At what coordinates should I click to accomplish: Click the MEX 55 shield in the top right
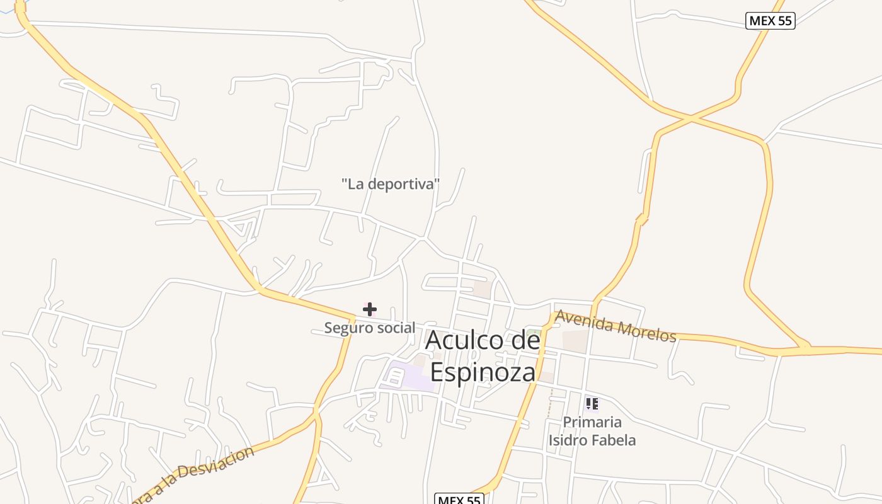pos(770,21)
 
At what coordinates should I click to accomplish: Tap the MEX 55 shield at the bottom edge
pos(459,500)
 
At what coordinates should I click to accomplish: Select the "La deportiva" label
pos(390,185)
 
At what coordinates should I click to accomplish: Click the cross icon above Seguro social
pos(370,309)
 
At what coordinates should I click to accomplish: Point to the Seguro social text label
pos(370,328)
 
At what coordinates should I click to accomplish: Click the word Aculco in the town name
pos(464,340)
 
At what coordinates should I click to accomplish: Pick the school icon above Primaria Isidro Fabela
pos(592,403)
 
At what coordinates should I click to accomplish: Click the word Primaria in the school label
pos(592,422)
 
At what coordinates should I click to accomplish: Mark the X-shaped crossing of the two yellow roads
pos(691,118)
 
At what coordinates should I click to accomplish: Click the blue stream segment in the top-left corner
pos(8,13)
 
